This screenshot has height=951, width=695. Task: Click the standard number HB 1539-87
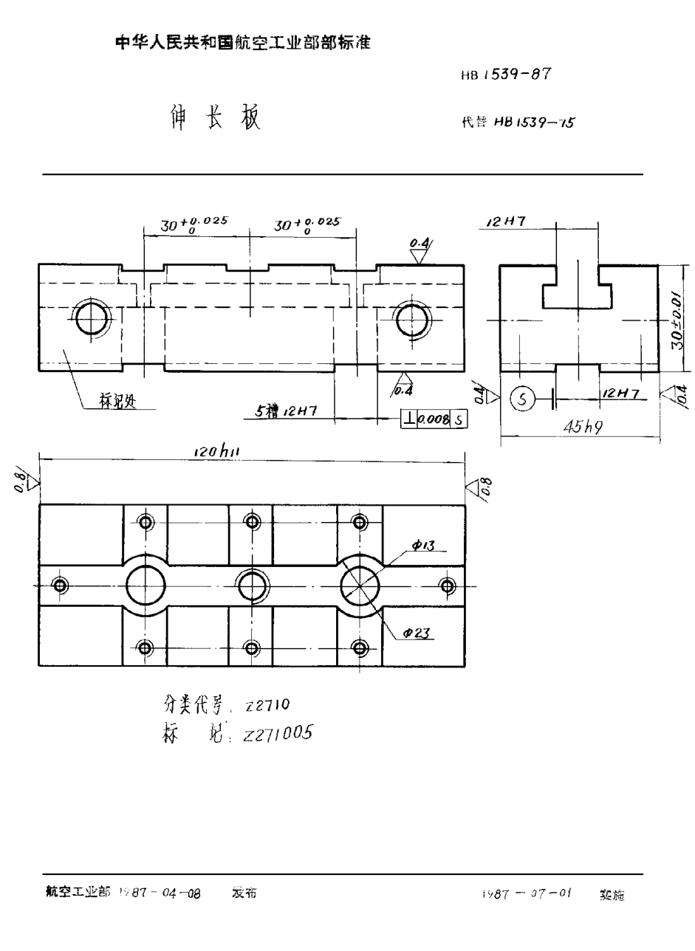click(x=507, y=75)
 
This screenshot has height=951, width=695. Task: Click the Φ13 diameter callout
click(x=423, y=546)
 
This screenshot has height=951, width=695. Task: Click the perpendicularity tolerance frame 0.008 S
click(x=434, y=419)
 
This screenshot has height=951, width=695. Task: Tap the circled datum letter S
click(x=522, y=399)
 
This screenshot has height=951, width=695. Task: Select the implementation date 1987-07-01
click(x=527, y=893)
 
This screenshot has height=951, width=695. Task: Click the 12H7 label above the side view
click(x=506, y=222)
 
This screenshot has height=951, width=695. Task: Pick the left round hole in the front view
click(x=92, y=319)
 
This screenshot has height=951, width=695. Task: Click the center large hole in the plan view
click(x=252, y=586)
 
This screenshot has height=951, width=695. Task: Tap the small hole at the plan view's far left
click(x=60, y=586)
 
